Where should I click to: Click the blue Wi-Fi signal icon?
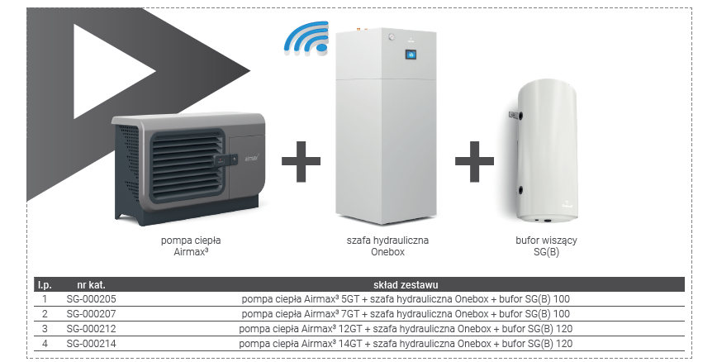[x=304, y=38]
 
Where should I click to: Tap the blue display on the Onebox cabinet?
[x=411, y=55]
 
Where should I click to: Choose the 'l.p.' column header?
[x=45, y=284]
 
